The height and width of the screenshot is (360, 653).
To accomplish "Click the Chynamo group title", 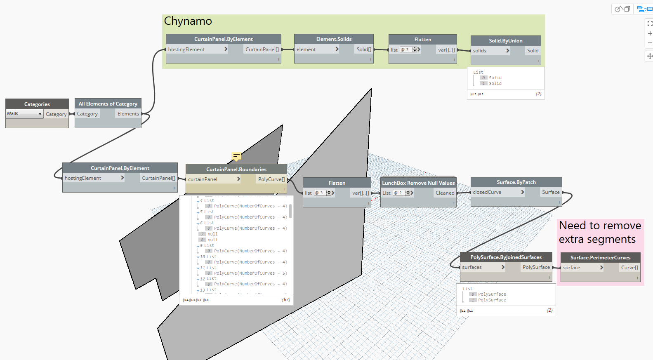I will pyautogui.click(x=188, y=21).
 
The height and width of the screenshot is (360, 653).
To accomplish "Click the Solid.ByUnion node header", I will pyautogui.click(x=505, y=40).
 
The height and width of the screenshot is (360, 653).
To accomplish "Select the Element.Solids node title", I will pyautogui.click(x=334, y=39).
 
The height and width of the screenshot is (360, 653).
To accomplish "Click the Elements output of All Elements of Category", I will pyautogui.click(x=128, y=114).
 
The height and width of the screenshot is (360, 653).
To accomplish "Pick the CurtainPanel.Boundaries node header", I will pyautogui.click(x=236, y=169).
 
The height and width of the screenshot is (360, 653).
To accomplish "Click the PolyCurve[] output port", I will pyautogui.click(x=271, y=179).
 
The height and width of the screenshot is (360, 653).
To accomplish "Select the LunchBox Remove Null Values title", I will pyautogui.click(x=418, y=183).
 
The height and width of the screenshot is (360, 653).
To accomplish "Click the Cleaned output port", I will pyautogui.click(x=445, y=193).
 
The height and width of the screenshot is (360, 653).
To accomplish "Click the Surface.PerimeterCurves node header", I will pyautogui.click(x=600, y=258).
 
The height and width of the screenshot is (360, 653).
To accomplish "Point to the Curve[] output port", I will pyautogui.click(x=629, y=268).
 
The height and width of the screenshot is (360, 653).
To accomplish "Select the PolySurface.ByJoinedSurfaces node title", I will pyautogui.click(x=506, y=257).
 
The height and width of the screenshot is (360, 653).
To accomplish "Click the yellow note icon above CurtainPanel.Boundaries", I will pyautogui.click(x=236, y=156).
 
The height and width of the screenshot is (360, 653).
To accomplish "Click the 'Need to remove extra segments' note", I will pyautogui.click(x=600, y=232).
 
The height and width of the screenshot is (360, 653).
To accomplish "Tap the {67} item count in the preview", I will pyautogui.click(x=286, y=300).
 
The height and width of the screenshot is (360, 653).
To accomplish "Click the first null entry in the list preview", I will pyautogui.click(x=212, y=234).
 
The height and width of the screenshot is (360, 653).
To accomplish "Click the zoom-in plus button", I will pyautogui.click(x=650, y=33).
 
